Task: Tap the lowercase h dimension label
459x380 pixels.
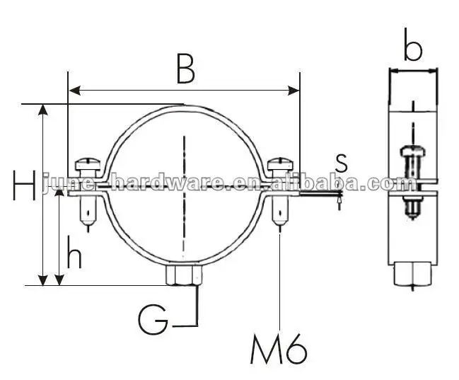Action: click(74, 255)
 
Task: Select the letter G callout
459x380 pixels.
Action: click(152, 319)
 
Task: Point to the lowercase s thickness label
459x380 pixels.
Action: click(342, 161)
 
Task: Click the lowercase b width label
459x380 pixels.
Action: click(413, 49)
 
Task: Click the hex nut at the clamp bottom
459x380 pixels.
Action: click(184, 275)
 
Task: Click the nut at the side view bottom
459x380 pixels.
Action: click(412, 272)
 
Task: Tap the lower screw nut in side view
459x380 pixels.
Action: click(412, 207)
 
